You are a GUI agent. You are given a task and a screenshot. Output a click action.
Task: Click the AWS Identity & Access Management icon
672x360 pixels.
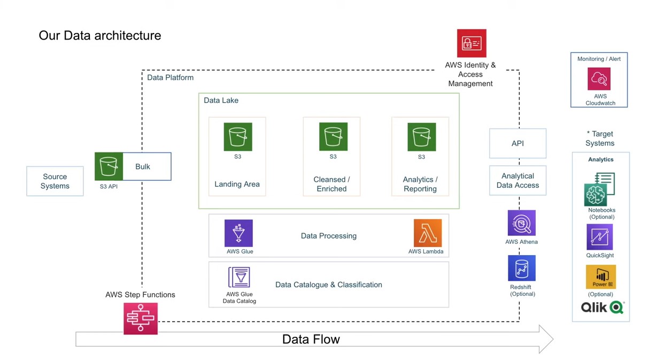tap(472, 43)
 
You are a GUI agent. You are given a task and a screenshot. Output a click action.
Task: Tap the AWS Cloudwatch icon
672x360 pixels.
tap(599, 79)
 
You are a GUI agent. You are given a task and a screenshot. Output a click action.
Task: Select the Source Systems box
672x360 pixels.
tap(55, 181)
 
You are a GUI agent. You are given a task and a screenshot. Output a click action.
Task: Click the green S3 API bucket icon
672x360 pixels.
tap(109, 166)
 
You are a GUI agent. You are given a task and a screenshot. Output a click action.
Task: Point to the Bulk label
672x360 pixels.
tap(143, 167)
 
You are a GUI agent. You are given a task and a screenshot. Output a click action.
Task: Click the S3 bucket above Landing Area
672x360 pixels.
tap(238, 137)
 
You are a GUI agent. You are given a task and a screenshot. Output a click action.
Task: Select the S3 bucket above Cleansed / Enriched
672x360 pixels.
tap(333, 137)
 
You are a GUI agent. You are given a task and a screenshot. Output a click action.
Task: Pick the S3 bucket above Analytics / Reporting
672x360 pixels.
tap(421, 137)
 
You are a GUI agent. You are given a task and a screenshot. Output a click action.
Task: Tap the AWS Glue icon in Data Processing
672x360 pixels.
tap(238, 233)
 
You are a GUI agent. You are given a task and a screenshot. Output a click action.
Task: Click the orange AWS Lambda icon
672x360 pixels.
tap(427, 233)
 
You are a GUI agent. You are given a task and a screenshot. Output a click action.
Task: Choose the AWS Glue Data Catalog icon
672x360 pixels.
tap(239, 278)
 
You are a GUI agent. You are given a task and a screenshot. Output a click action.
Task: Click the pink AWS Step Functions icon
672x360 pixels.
tap(141, 319)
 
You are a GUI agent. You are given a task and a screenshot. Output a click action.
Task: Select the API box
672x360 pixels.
tap(517, 143)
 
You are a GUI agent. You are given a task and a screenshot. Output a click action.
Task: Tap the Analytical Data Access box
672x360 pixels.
tap(517, 181)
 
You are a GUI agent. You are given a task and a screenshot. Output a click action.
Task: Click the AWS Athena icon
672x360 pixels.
tap(521, 223)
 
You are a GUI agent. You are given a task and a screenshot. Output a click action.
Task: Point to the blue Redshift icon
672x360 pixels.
tap(521, 268)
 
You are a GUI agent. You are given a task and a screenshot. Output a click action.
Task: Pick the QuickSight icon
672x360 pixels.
tap(599, 237)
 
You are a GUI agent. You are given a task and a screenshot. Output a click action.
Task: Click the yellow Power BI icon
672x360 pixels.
tap(600, 277)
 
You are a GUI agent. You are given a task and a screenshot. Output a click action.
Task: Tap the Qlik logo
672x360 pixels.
tap(602, 308)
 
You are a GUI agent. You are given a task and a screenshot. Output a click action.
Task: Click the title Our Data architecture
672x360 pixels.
tap(100, 36)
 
